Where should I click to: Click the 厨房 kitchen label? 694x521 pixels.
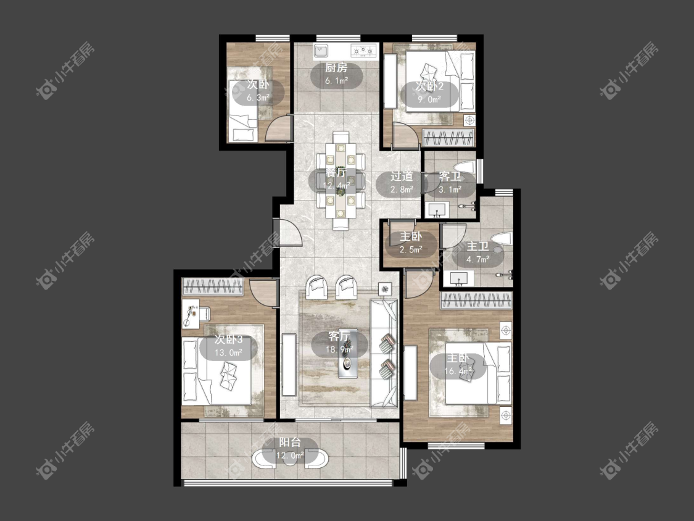click(x=336, y=68)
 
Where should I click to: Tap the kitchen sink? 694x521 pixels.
click(x=321, y=51)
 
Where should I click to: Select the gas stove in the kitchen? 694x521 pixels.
click(x=363, y=51)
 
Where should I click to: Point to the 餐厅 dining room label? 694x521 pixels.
click(x=336, y=173)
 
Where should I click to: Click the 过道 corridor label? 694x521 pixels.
click(x=402, y=177)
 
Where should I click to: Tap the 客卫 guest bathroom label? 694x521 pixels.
click(x=450, y=177)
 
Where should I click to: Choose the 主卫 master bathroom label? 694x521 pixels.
click(x=477, y=246)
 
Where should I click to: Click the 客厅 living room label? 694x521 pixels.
click(x=339, y=336)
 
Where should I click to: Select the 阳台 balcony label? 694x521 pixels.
click(x=290, y=442)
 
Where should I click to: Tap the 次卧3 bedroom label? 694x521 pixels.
click(x=228, y=340)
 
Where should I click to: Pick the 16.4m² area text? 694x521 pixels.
click(x=458, y=371)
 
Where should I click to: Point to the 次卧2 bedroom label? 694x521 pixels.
click(x=429, y=86)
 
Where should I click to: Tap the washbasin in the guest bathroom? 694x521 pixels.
click(x=437, y=209)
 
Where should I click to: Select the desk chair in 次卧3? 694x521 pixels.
click(x=204, y=313)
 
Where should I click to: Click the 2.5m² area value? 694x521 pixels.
click(x=411, y=250)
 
